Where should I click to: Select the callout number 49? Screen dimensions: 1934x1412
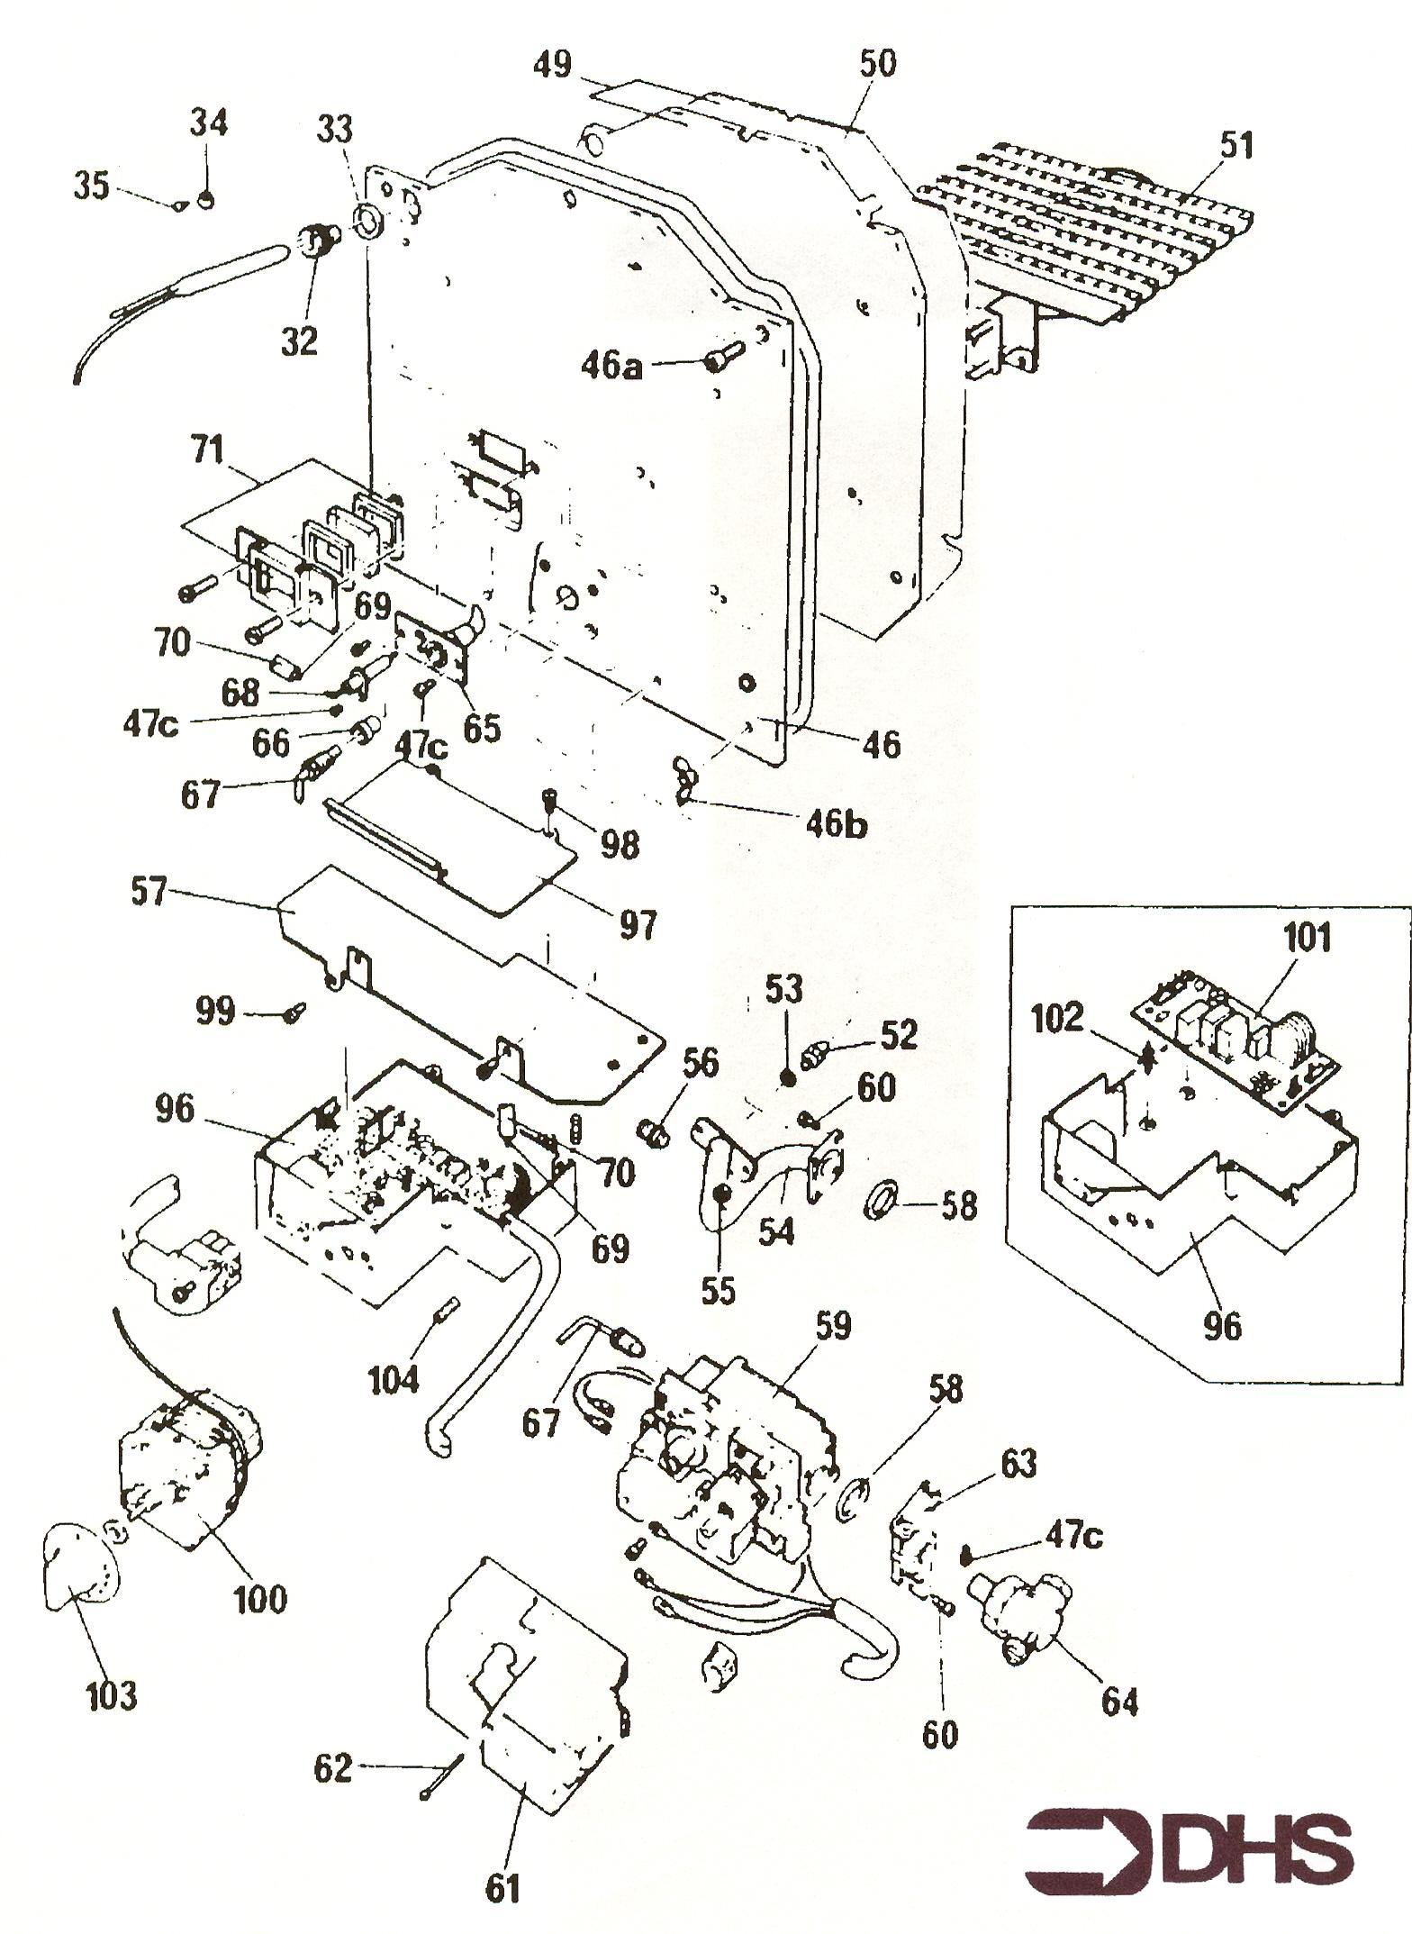tap(552, 66)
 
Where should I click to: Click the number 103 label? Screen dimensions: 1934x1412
tap(111, 1695)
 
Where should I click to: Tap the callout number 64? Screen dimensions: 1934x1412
tap(1119, 1702)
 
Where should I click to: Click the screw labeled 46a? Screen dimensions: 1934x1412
tap(721, 355)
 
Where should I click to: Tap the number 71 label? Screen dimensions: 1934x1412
tap(209, 449)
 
